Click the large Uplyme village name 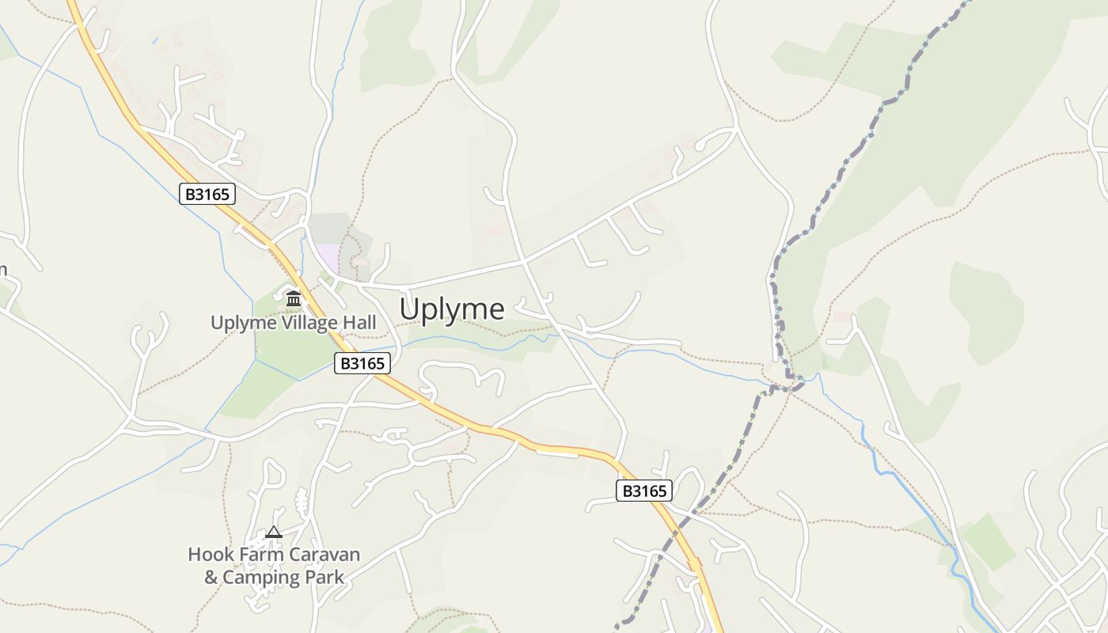coord(451,309)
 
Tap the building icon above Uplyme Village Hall coord(294,298)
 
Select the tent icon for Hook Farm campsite coord(274,532)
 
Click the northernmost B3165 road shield coord(207,194)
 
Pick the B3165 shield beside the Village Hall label coord(362,363)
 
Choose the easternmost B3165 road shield coord(644,491)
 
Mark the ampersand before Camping coord(211,578)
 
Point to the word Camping coord(261,578)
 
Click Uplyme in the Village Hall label coord(243,323)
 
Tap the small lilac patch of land coord(329,259)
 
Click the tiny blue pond coord(155,40)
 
